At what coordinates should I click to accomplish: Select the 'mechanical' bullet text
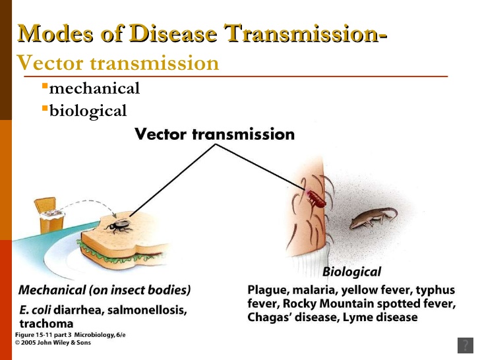pos(94,88)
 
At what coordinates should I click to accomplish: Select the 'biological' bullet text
pos(88,110)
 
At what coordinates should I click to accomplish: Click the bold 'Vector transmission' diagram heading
pos(214,135)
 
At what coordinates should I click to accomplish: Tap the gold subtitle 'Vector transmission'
pos(117,63)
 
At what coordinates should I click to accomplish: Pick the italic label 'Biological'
pos(351,272)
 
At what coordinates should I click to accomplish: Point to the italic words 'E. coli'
pos(35,309)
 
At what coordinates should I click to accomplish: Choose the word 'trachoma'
pos(45,324)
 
